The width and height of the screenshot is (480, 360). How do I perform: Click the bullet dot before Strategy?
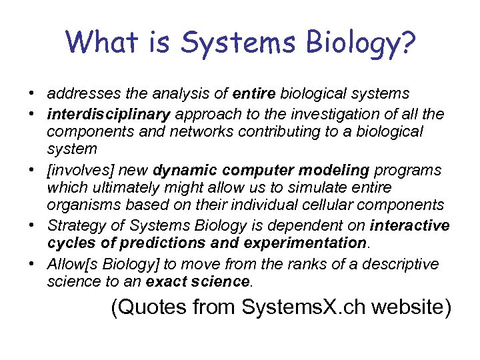pos(33,225)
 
